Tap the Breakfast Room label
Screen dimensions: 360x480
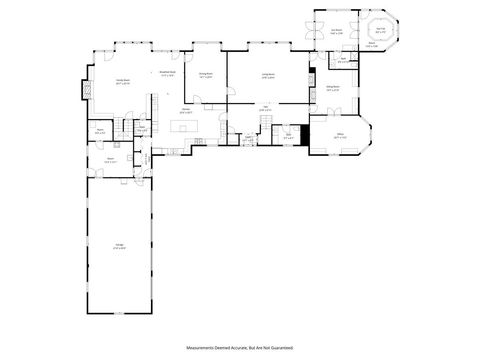coord(167,73)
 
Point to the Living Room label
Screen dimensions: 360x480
coord(268,74)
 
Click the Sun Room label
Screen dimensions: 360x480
coord(337,31)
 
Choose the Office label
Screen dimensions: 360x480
coord(339,135)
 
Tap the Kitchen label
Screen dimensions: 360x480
coord(185,112)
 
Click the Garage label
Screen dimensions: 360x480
coord(119,247)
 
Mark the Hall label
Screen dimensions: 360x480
coord(265,108)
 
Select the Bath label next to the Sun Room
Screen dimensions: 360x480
coord(342,59)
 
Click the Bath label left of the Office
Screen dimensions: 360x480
coord(288,136)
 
